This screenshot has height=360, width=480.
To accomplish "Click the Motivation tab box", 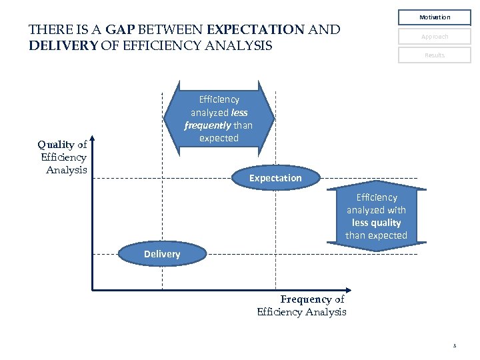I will [x=435, y=17].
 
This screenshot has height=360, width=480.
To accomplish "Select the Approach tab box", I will [x=435, y=37].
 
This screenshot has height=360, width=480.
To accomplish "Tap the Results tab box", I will [x=435, y=55].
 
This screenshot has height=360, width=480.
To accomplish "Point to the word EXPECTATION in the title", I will [x=255, y=30].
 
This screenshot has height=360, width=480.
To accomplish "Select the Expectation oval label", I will [x=275, y=178].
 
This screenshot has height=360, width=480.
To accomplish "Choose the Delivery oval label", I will [x=162, y=254].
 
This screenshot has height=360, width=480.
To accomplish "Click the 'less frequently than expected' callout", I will [x=219, y=119].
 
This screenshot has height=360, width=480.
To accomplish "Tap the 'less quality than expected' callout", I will [x=377, y=217].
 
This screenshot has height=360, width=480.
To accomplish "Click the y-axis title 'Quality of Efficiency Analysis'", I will [x=63, y=157].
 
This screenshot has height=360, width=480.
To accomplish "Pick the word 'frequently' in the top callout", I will [x=207, y=125].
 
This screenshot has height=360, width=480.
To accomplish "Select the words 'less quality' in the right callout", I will [x=377, y=223].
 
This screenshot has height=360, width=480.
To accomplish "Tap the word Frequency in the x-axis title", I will [x=306, y=300].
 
